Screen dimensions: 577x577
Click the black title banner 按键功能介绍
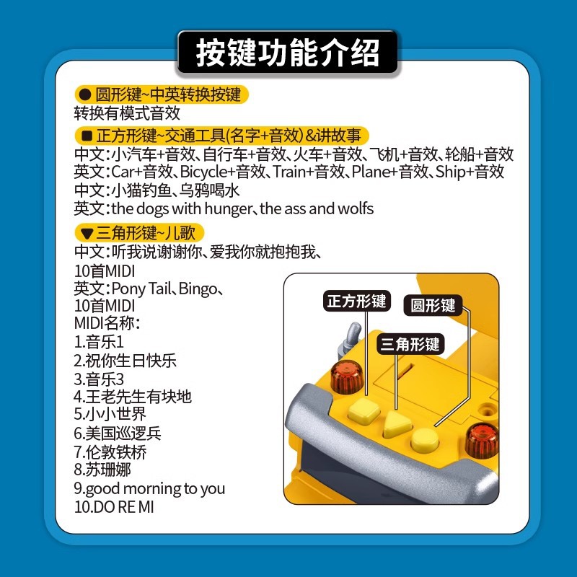coord(287,53)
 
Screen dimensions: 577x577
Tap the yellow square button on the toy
coord(364,410)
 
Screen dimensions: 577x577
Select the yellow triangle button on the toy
coord(397,423)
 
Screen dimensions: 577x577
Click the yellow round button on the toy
coord(425,439)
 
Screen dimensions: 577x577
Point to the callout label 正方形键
coord(356,301)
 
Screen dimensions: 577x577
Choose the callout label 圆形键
coord(433,305)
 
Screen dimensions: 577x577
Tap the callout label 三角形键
coord(410,344)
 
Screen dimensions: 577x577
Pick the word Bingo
coord(198,289)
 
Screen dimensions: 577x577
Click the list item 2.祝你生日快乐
coord(125,361)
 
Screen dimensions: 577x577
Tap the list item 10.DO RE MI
coord(114,507)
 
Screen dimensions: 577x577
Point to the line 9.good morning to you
coord(149,489)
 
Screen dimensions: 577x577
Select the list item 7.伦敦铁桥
coord(110,452)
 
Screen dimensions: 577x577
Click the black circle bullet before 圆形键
coord(85,95)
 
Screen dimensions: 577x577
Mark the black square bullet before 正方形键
coord(87,136)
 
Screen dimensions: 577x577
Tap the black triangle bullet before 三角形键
coord(87,233)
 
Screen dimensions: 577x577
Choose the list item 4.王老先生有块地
coord(133,397)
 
